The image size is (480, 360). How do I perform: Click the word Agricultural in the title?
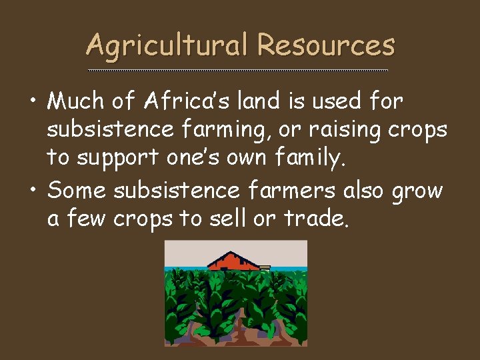pos(167,45)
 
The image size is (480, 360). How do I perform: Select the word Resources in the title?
pos(326,45)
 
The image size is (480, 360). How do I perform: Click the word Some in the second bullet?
pos(77,190)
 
